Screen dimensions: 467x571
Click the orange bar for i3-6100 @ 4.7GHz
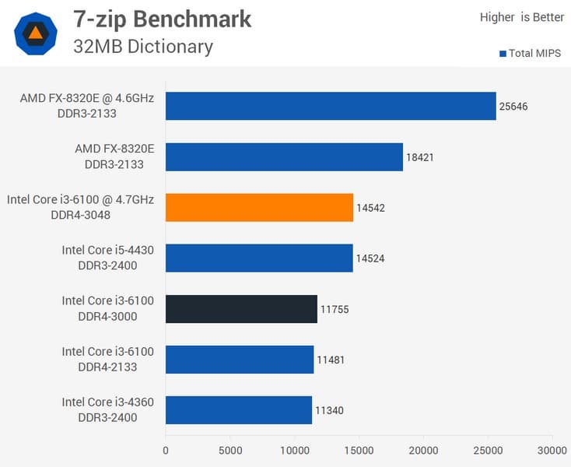click(259, 208)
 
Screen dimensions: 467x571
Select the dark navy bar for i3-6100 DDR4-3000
click(241, 309)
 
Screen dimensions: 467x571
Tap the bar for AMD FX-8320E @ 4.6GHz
click(331, 106)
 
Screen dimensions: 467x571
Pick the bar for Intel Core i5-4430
click(259, 258)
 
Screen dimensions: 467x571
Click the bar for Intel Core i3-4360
click(239, 410)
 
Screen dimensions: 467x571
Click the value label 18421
click(420, 157)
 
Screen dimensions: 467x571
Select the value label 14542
click(370, 208)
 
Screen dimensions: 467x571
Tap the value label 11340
click(329, 410)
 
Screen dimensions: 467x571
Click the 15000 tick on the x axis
click(359, 450)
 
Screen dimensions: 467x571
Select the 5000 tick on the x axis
click(229, 450)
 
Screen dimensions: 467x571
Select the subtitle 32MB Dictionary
click(142, 47)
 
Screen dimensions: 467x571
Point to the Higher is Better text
click(521, 17)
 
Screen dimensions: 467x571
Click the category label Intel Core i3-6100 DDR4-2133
click(107, 360)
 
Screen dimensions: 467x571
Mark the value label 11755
click(335, 309)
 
